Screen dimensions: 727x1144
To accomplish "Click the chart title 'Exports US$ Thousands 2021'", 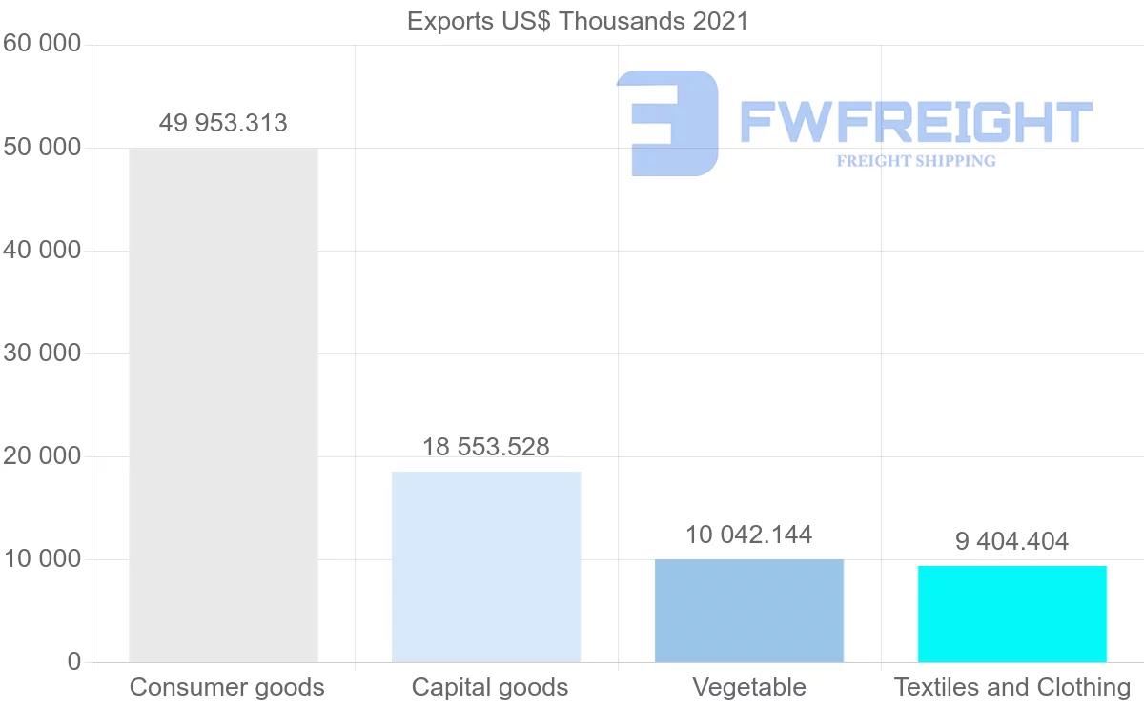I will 578,21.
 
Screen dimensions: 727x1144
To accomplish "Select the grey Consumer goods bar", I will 223,405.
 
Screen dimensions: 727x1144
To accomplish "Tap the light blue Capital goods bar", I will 486,567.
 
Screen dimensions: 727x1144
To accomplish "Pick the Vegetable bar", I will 749,611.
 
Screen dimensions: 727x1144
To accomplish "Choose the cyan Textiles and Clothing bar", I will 1012,614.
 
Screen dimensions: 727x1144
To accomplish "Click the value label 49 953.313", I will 223,123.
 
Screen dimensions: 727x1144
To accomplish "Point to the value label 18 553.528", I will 486,446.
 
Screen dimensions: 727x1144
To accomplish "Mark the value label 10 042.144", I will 749,535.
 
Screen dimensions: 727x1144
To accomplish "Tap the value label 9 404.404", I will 1012,541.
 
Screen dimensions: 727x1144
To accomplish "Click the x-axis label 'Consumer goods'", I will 227,687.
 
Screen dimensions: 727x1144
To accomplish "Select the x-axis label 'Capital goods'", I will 490,687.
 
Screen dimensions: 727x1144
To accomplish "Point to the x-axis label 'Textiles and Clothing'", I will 1012,687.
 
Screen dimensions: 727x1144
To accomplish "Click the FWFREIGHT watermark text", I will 915,122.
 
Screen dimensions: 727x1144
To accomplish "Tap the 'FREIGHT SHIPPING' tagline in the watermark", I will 916,161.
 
